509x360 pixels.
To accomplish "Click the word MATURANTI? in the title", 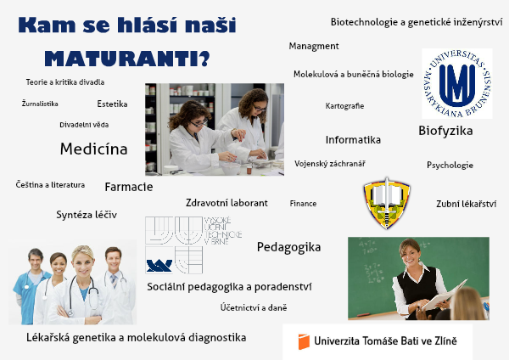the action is [x=127, y=59].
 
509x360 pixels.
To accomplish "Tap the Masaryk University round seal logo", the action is [x=457, y=83].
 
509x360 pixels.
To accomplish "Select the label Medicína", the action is [x=94, y=149].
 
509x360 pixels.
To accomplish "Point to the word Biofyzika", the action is [x=445, y=131].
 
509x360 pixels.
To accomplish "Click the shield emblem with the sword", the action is [x=387, y=204].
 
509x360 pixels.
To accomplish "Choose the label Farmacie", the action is [x=129, y=187].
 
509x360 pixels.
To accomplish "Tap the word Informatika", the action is [x=353, y=140].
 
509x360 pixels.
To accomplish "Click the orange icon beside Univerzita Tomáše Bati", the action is [x=304, y=342].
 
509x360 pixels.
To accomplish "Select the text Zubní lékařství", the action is [x=466, y=204].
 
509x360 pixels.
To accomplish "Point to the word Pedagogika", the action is [x=288, y=247].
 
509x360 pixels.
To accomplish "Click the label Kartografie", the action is [x=344, y=106].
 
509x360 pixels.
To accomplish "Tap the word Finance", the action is [x=303, y=204].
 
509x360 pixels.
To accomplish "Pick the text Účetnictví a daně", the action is [x=254, y=307].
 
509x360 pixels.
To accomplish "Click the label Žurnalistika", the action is [x=40, y=104].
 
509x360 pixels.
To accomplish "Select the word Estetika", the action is [x=112, y=104].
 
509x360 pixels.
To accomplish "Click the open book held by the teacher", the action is [x=444, y=295].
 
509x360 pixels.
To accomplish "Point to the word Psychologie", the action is [x=450, y=166].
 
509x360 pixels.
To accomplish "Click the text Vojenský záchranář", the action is [x=330, y=164].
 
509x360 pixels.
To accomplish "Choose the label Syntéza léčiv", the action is [x=87, y=215].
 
